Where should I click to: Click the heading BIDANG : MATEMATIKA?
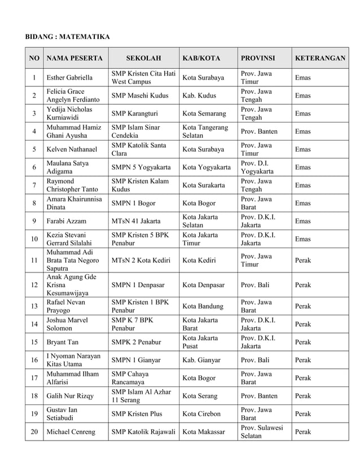point(67,37)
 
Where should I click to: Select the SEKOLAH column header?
point(143,58)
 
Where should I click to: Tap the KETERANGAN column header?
point(320,58)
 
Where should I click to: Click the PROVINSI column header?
point(258,58)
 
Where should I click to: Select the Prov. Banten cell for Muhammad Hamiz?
point(260,131)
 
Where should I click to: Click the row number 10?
point(34,239)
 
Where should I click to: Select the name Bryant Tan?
point(63,342)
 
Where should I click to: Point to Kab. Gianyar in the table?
point(201,360)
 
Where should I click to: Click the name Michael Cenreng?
point(71,432)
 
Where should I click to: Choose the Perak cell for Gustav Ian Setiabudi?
point(303,414)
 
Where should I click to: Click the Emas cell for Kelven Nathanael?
point(303,150)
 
